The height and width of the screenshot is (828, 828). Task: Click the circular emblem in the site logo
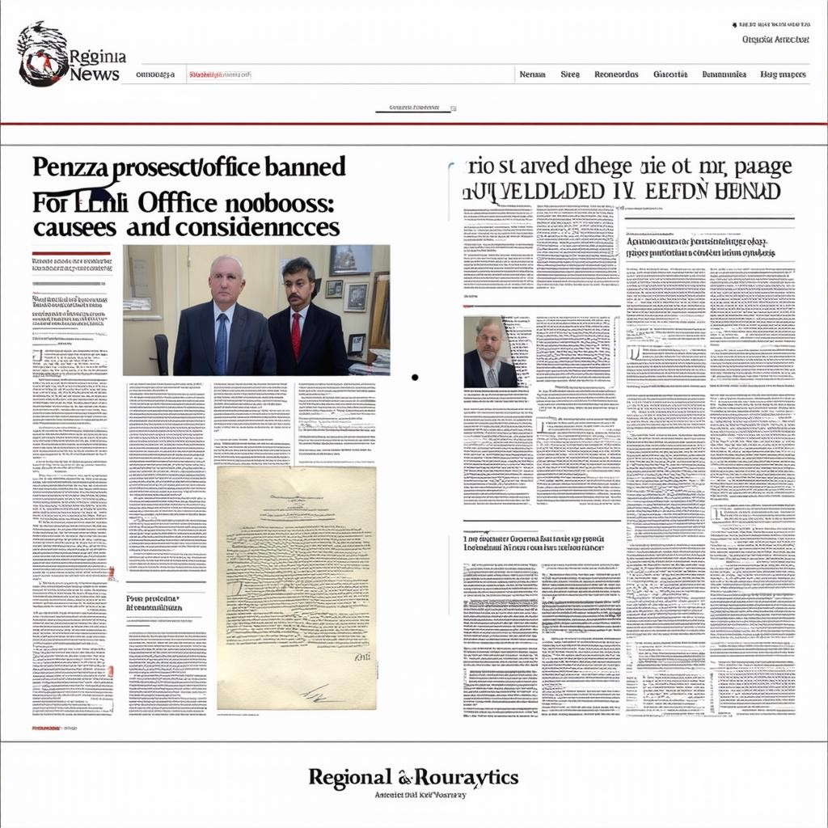tap(42, 54)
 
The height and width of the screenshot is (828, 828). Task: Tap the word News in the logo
tap(95, 74)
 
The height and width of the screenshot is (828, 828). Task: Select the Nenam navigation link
tap(532, 74)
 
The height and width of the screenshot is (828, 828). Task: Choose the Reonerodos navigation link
tap(616, 74)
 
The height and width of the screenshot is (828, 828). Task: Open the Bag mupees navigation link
tap(783, 74)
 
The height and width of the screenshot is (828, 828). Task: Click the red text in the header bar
tap(218, 74)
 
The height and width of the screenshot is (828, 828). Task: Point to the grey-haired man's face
tap(226, 279)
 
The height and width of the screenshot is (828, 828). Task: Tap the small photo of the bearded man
tap(491, 351)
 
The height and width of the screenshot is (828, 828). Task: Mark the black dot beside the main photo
tap(415, 377)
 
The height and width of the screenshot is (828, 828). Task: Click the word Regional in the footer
tap(350, 778)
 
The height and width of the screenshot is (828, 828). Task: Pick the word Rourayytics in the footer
tap(467, 778)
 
